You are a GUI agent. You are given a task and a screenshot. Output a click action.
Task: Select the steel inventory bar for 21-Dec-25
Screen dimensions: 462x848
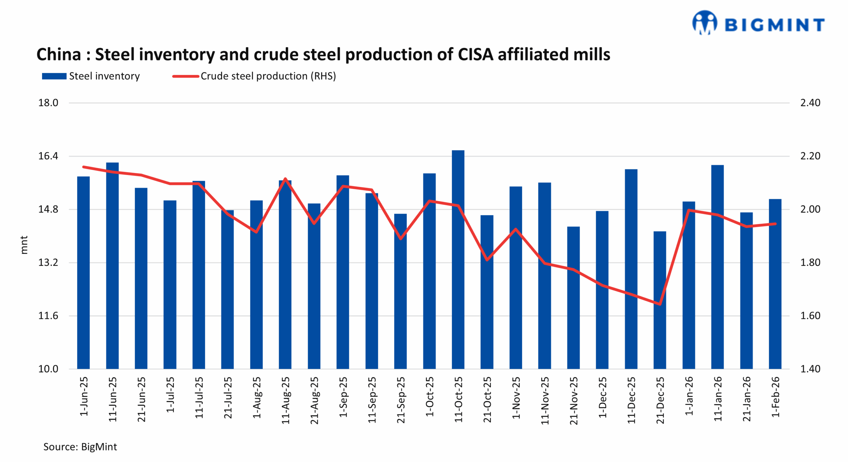coord(660,300)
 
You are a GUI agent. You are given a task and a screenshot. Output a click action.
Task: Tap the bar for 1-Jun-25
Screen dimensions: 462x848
coord(83,272)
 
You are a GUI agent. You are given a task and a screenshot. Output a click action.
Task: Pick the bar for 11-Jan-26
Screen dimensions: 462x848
coord(717,267)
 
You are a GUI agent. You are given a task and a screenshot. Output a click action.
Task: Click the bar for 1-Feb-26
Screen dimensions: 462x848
coord(775,284)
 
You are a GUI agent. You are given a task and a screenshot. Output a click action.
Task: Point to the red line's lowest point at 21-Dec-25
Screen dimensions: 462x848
coord(660,304)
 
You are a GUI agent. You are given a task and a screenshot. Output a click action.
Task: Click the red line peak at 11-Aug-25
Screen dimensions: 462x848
coord(285,179)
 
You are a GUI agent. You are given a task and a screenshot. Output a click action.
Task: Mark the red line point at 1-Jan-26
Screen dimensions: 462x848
coord(689,210)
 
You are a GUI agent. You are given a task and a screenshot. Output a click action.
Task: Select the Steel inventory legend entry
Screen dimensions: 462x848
coord(91,76)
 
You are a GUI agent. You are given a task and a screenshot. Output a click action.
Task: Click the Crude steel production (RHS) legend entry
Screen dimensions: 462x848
coord(254,76)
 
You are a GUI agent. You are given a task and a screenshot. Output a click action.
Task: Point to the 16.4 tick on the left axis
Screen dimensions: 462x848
coord(48,156)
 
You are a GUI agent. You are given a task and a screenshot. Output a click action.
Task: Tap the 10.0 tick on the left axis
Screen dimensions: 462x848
coord(48,369)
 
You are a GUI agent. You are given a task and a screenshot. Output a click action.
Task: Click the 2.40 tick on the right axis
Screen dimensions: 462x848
coord(810,103)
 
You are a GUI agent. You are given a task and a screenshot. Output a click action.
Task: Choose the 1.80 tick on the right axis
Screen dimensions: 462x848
coord(810,262)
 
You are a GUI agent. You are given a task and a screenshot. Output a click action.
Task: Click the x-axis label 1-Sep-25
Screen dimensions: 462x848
coord(343,397)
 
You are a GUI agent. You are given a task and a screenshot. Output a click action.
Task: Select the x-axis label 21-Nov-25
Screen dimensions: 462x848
coord(574,400)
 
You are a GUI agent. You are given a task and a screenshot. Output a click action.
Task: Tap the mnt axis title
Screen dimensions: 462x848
coord(24,245)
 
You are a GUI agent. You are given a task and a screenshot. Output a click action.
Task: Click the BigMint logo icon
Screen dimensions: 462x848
coord(705,23)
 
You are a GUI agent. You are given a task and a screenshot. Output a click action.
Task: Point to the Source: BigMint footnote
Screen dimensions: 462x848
coord(80,447)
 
